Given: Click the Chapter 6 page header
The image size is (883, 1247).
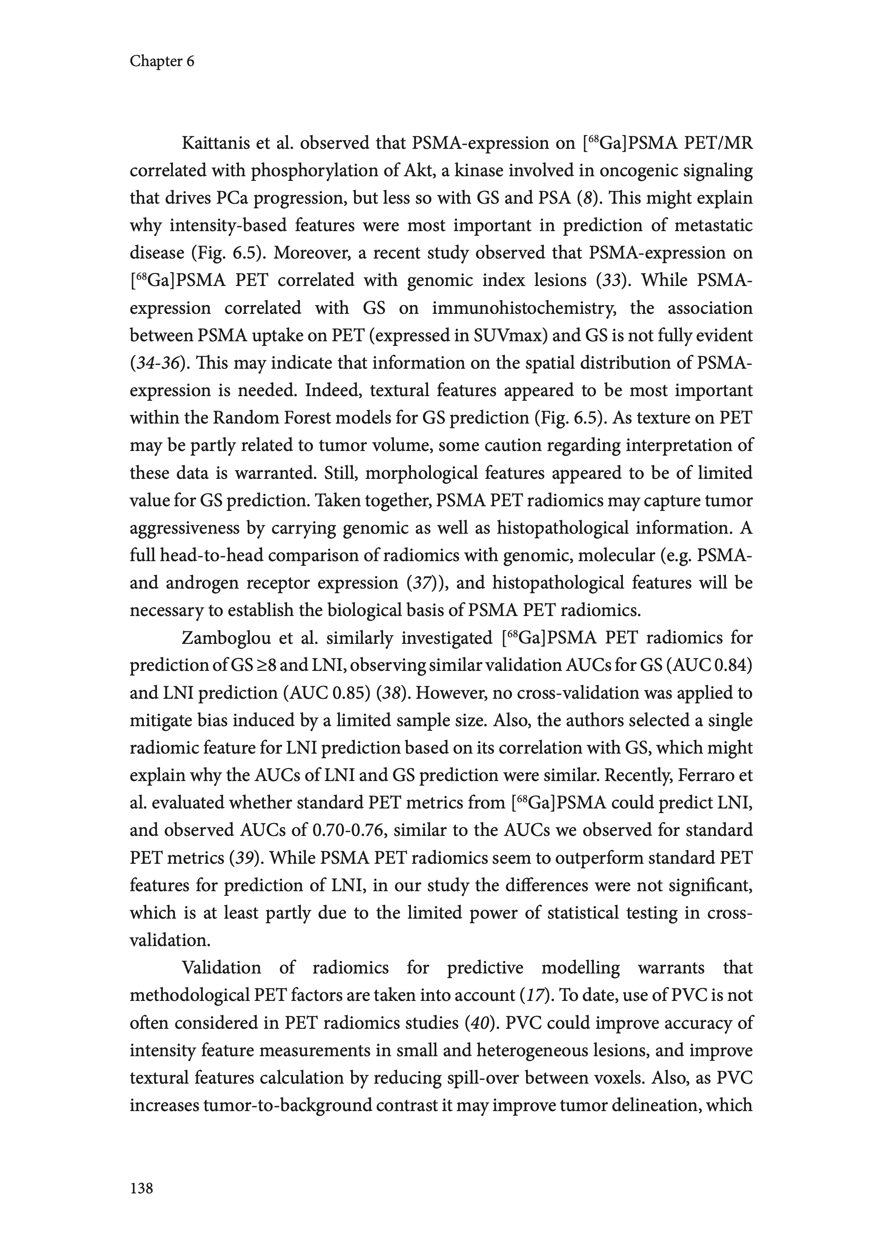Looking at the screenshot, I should coord(162,62).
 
